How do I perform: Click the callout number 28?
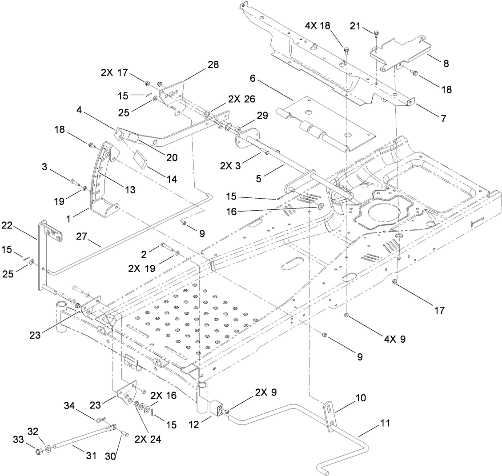point(213,64)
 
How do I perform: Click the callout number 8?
point(445,64)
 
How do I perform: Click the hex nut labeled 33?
point(38,452)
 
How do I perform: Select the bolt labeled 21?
point(376,34)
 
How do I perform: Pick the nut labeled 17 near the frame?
point(394,282)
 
